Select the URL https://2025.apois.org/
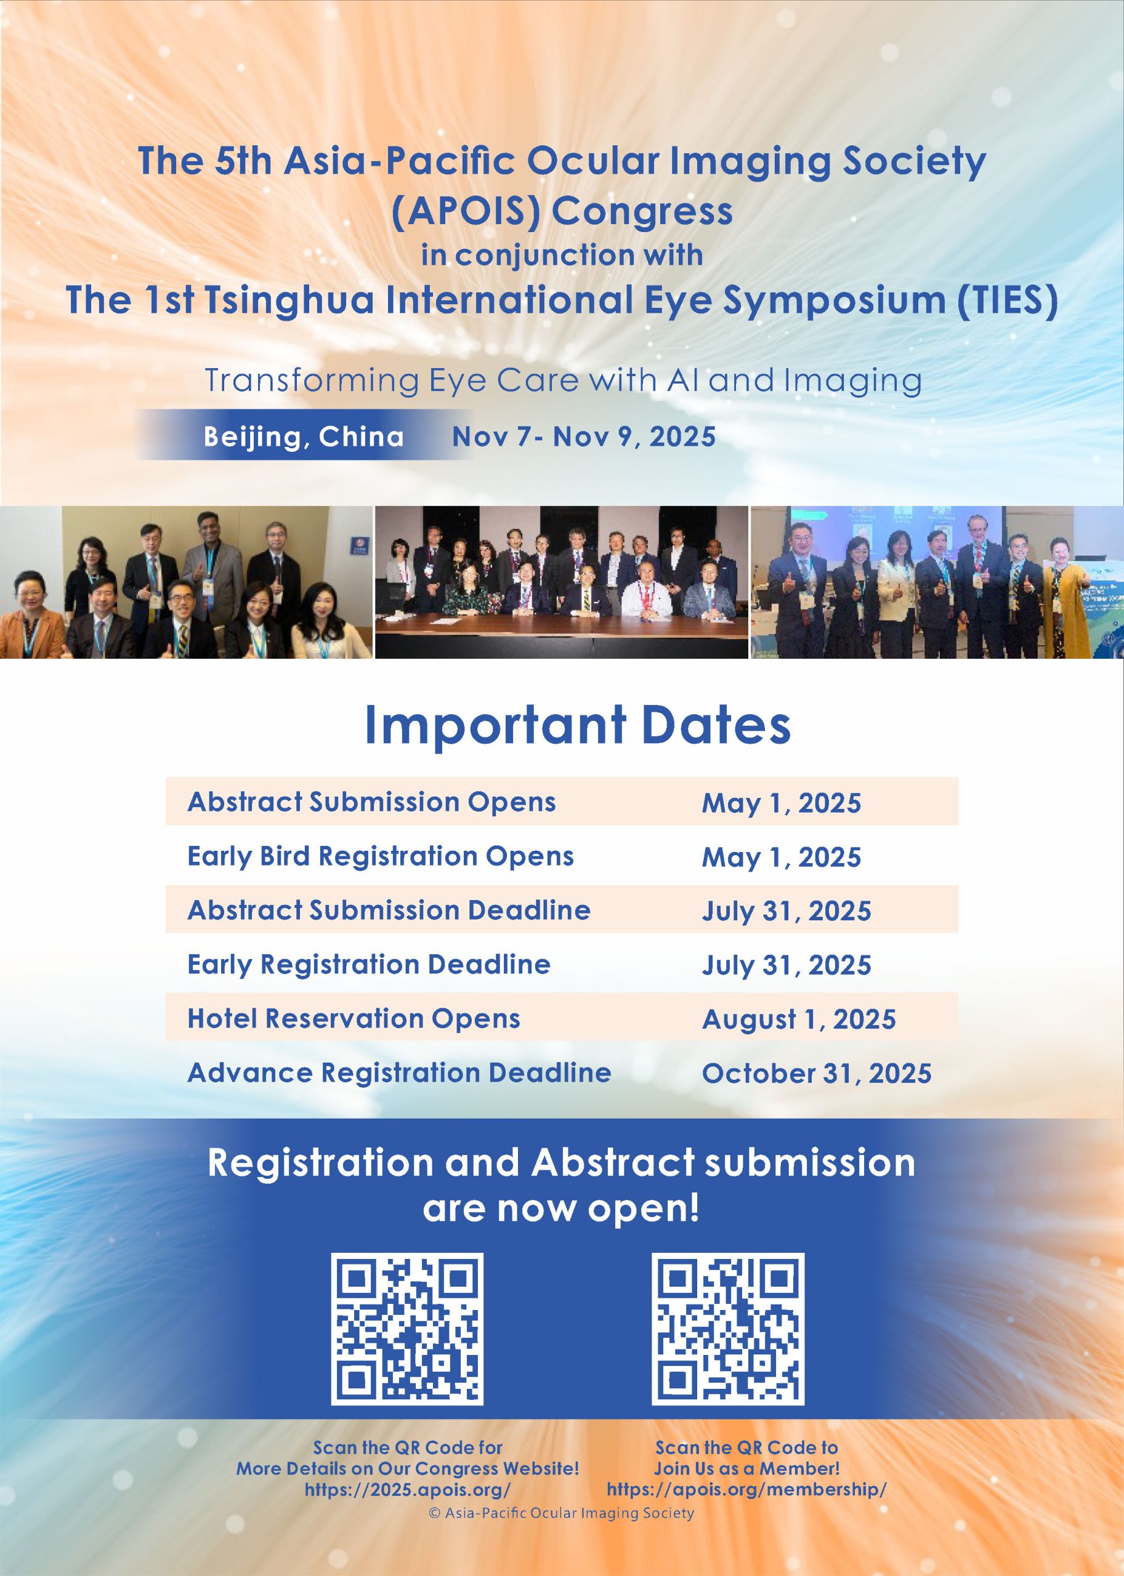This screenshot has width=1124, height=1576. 408,1490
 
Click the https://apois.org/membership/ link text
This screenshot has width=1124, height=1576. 746,1490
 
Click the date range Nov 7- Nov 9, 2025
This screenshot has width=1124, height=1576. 583,436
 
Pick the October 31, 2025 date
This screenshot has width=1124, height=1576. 817,1073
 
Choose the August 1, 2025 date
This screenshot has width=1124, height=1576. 799,1019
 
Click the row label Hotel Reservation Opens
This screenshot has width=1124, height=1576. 354,1018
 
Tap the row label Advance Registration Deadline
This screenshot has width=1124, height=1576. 399,1072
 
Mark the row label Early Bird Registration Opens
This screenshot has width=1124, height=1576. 381,856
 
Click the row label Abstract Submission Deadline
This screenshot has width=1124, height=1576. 389,911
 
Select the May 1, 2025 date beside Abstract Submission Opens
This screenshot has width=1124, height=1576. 782,803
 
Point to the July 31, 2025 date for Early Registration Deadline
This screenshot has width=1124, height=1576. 786,965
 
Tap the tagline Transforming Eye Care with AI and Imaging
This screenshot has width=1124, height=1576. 563,381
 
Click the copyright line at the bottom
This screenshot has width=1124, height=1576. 561,1513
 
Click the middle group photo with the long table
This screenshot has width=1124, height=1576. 561,582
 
